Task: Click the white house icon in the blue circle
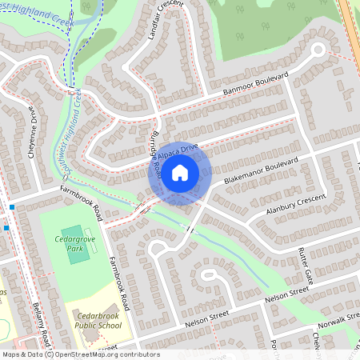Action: [x=180, y=173]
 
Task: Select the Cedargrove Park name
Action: [x=74, y=244]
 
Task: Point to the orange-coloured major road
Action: [x=349, y=24]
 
